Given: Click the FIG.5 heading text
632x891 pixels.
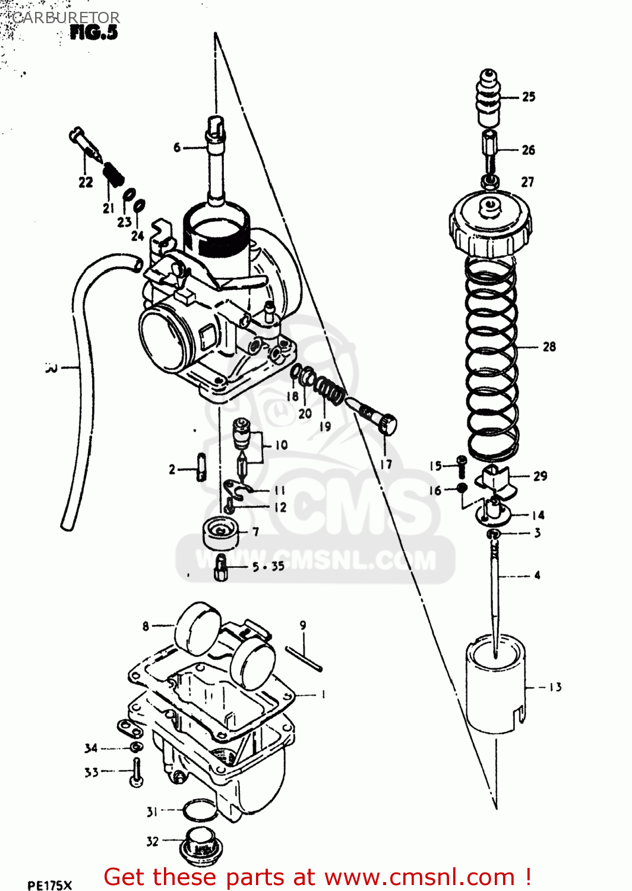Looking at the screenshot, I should (94, 33).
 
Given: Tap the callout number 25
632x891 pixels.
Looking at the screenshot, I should (529, 96).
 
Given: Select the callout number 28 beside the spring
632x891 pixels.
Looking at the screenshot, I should (549, 346).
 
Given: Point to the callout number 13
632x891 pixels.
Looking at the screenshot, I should (555, 687).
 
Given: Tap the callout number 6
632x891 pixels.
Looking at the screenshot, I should (176, 147).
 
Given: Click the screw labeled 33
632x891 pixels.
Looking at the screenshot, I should (137, 772).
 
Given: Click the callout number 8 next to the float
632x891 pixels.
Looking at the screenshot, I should (146, 626).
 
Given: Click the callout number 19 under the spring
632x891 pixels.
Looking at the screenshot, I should (325, 426).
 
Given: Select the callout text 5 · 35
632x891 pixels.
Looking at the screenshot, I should (268, 567).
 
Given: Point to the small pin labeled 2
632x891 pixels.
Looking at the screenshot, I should (201, 466).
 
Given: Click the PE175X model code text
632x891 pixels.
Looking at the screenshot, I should (49, 885).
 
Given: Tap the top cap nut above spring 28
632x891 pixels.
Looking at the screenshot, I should (490, 229).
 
